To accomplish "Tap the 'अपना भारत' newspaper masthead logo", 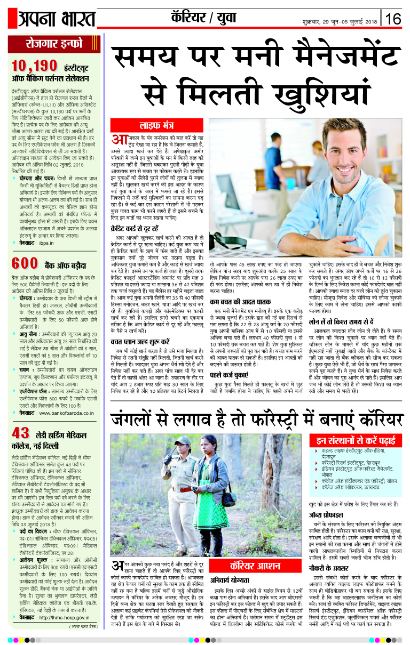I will click(51, 18).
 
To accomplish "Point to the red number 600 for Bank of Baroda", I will click(25, 263).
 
